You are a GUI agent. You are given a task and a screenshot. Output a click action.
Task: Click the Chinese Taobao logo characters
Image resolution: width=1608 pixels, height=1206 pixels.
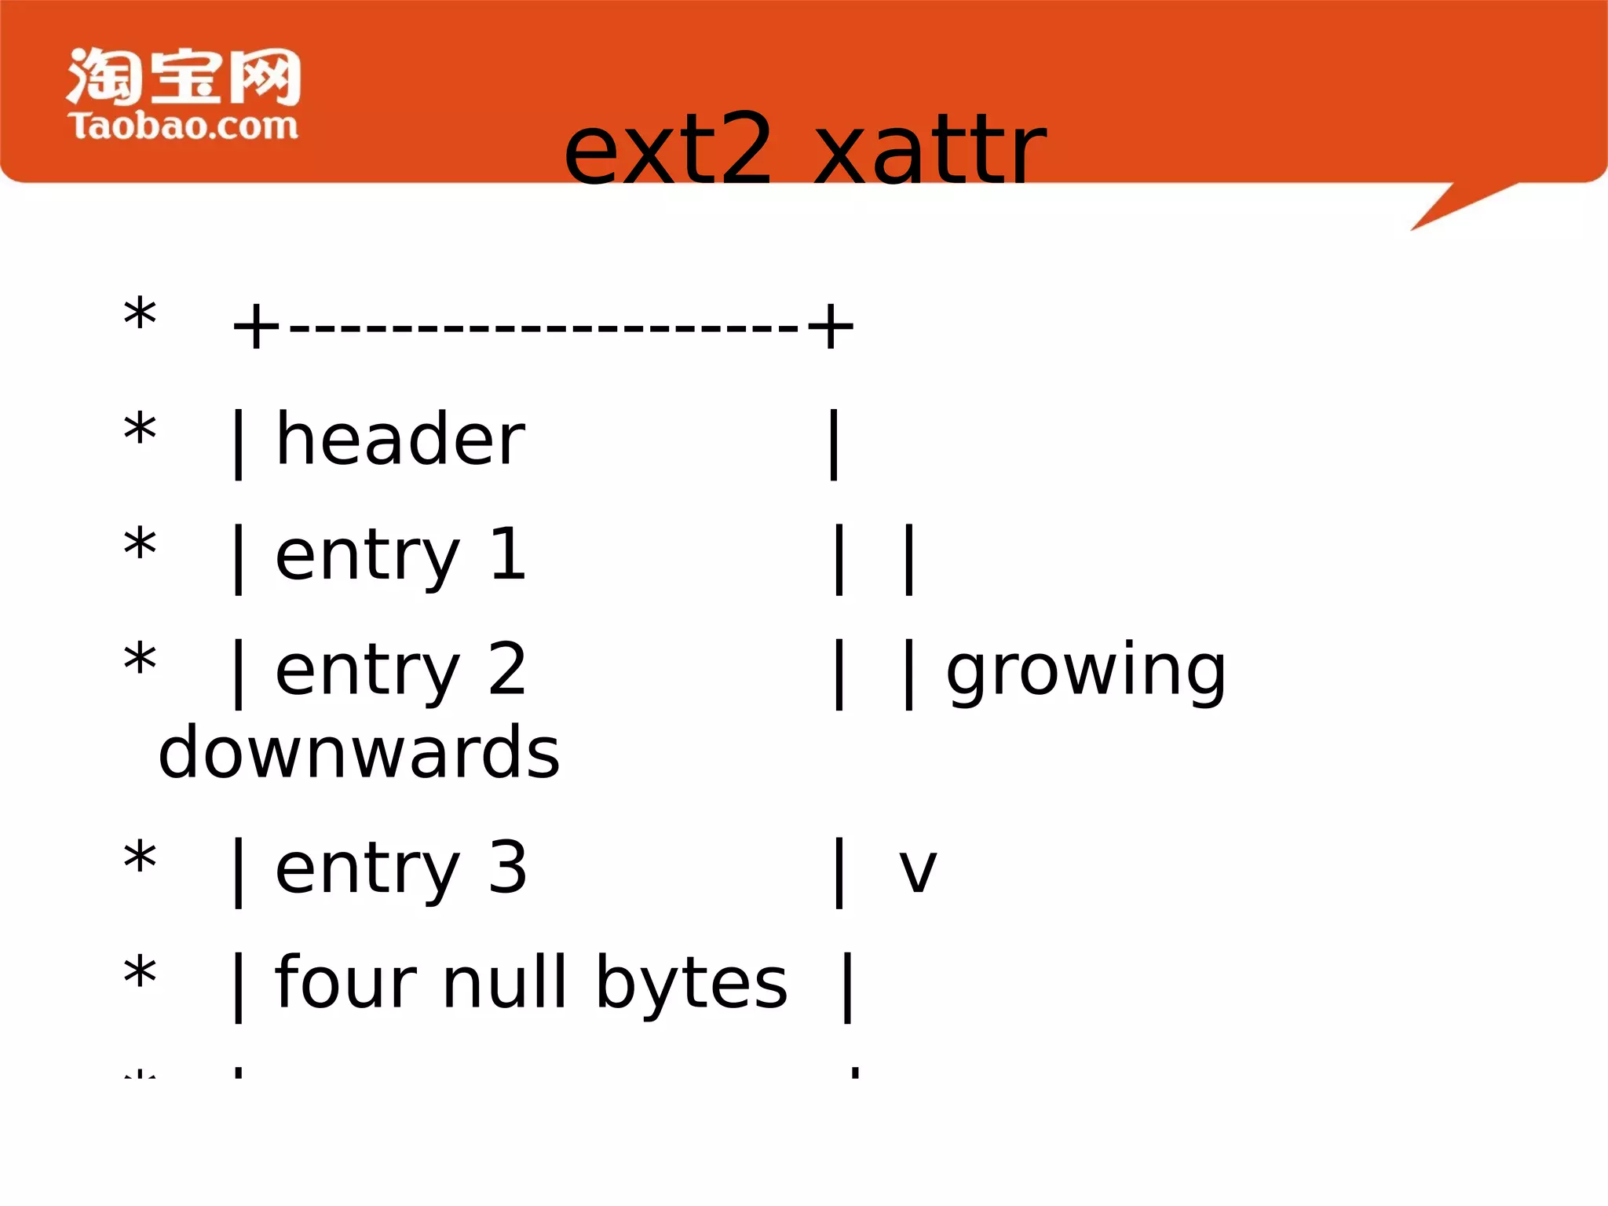pos(184,76)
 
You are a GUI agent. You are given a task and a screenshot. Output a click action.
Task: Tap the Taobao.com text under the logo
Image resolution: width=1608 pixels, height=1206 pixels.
pos(184,126)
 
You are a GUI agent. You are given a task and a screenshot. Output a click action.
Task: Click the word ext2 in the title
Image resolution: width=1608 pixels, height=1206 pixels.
pos(668,149)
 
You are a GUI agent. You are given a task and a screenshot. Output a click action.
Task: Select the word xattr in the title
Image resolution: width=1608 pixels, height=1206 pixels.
pos(930,149)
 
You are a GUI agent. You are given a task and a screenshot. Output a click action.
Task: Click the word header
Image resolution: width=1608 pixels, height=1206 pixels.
pos(400,440)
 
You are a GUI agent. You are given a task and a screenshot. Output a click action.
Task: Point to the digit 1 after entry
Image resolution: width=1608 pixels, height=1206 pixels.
pos(507,555)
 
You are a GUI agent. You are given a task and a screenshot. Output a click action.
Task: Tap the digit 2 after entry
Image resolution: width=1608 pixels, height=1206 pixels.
pos(507,669)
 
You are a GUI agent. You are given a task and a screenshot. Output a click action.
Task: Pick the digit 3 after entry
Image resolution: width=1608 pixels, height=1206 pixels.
pos(507,868)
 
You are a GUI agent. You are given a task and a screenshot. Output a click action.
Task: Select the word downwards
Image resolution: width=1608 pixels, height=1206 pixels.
pos(360,752)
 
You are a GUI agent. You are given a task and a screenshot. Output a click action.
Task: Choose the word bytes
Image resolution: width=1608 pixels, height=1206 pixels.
pos(691,983)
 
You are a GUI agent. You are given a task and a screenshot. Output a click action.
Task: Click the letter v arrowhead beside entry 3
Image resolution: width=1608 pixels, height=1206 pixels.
pos(918,872)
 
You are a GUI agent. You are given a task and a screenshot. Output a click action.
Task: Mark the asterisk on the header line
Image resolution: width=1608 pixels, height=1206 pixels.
pos(141,431)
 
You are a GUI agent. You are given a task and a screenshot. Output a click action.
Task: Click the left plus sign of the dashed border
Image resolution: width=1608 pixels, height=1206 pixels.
pos(256,327)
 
